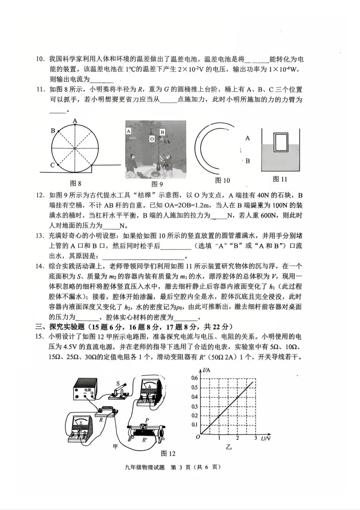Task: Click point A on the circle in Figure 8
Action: click(75, 124)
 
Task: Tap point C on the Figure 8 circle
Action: click(58, 165)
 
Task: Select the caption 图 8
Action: click(76, 183)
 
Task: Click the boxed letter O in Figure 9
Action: click(152, 138)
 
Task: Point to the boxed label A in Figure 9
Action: click(129, 131)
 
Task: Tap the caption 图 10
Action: click(222, 180)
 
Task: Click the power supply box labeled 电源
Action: click(86, 389)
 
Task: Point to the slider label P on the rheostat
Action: click(147, 419)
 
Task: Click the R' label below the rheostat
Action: click(144, 440)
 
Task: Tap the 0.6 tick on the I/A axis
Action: click(194, 378)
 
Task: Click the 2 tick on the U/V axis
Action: click(237, 438)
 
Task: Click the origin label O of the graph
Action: click(197, 437)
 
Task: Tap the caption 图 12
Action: click(168, 453)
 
